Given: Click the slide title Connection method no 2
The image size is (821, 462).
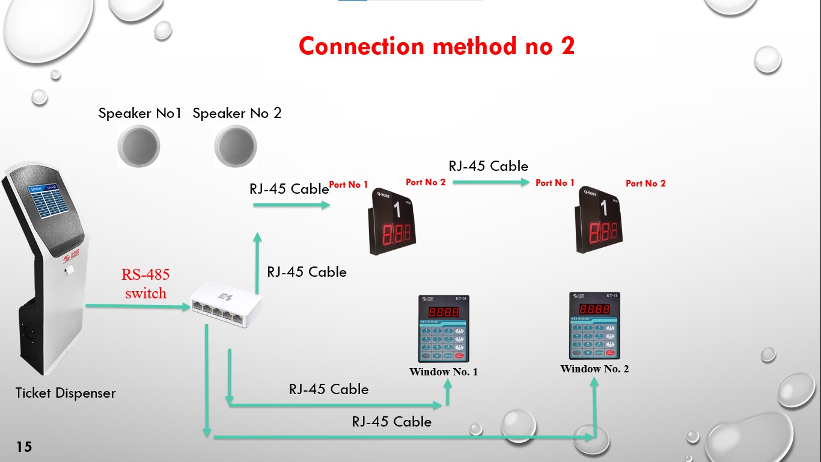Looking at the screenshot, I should [x=436, y=46].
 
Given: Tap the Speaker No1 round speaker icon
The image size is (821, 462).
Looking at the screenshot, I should [x=139, y=146].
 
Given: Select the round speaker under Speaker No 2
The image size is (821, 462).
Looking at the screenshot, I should [x=235, y=146].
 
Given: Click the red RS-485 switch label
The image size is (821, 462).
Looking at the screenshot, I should [x=145, y=284].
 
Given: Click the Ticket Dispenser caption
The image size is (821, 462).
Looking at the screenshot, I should [x=66, y=393].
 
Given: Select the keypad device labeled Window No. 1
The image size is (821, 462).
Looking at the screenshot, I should [x=443, y=328].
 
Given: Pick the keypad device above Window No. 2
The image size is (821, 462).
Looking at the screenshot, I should [x=594, y=325].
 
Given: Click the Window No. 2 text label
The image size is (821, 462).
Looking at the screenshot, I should [x=594, y=369].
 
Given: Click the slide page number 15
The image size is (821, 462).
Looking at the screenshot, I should [x=24, y=446].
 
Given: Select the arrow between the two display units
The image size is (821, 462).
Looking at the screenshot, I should [x=490, y=181].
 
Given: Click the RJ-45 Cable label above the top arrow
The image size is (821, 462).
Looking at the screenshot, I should [x=488, y=166].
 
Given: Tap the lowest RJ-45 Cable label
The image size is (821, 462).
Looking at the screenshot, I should [x=391, y=422].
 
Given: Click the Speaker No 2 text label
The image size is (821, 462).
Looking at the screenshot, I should [x=237, y=113].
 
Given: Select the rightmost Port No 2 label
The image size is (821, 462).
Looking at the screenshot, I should [x=646, y=183].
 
